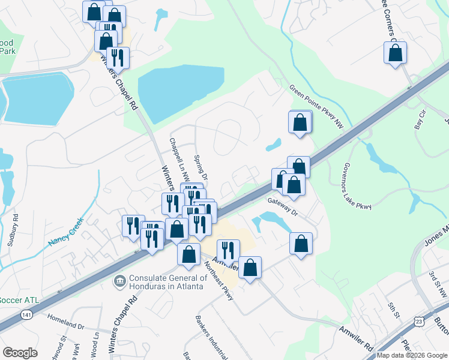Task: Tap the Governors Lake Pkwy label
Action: click(357, 186)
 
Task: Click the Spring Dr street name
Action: click(200, 168)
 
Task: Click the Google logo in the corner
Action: click(20, 353)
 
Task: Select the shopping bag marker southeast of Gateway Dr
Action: click(301, 244)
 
